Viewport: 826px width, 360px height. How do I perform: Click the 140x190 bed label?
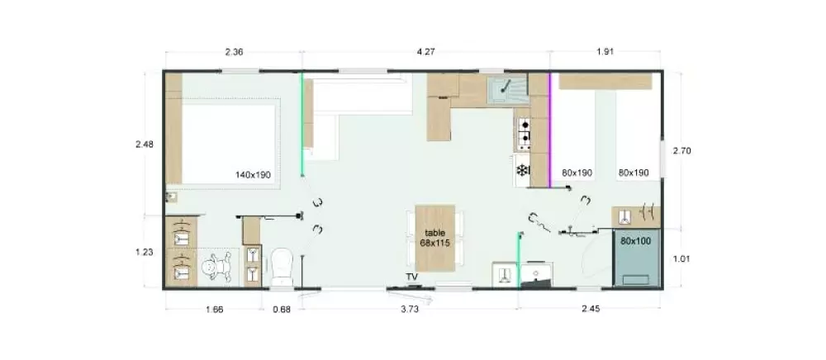click(254, 175)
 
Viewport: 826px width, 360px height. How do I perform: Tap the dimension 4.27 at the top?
click(425, 51)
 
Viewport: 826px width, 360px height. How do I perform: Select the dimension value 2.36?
click(234, 51)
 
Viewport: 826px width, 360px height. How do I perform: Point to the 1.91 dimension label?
click(605, 51)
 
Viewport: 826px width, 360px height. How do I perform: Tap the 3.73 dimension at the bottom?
click(410, 310)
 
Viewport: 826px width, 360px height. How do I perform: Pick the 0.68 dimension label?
click(282, 310)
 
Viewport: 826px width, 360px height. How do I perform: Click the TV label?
click(411, 277)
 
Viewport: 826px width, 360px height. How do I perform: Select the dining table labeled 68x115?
click(435, 239)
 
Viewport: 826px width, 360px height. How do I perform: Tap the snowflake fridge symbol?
click(522, 170)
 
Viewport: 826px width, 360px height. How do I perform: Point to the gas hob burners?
click(525, 132)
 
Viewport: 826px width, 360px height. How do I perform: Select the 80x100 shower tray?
click(636, 258)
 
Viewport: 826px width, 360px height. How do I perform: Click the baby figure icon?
click(217, 268)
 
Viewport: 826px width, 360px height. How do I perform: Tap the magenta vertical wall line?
click(550, 130)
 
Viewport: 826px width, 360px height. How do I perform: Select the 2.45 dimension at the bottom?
click(591, 310)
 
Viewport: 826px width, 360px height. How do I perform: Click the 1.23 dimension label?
click(145, 252)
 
